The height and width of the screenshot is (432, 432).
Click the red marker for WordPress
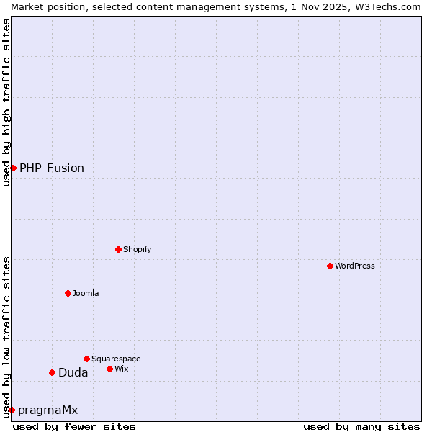[x=330, y=266]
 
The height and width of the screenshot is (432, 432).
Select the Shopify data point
[x=118, y=249]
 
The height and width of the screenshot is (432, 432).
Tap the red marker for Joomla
[x=68, y=293]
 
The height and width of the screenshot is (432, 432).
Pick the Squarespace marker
[x=86, y=359]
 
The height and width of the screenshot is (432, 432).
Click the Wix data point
[x=109, y=369]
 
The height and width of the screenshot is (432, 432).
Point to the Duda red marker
[x=52, y=372]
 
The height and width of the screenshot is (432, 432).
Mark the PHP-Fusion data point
[x=13, y=168]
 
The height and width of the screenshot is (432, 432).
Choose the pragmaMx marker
[x=12, y=410]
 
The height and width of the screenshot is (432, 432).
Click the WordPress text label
[x=355, y=266]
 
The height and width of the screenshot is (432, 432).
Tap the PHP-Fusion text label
[x=52, y=168]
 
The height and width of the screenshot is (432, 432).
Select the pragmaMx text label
[x=48, y=410]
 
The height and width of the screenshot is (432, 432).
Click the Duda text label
[x=73, y=372]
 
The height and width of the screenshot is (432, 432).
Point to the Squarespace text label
[x=116, y=359]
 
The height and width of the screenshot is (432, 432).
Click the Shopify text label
[x=137, y=249]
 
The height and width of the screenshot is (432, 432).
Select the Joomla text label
[x=86, y=293]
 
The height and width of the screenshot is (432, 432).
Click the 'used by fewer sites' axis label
[x=74, y=426]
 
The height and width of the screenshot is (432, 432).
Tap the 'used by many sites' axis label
[x=361, y=426]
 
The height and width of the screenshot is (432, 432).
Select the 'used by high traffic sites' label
[x=6, y=102]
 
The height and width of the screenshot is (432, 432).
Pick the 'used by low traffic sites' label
[x=6, y=336]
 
